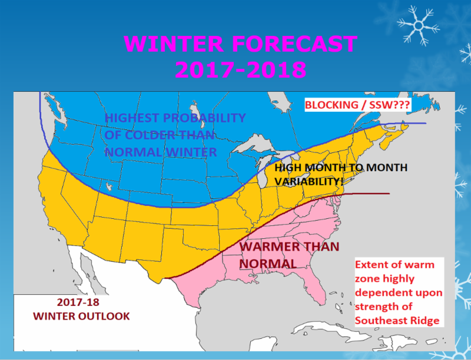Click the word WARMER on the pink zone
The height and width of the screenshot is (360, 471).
271,246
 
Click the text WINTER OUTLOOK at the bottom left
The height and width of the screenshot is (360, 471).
81,316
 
